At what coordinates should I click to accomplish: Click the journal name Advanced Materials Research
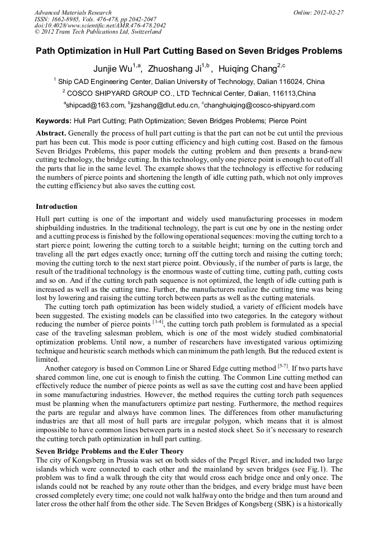73,12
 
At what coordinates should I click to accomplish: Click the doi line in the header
100,26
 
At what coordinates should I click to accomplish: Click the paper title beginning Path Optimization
189,51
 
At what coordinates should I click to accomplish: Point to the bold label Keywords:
53,121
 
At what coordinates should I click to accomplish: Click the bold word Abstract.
51,133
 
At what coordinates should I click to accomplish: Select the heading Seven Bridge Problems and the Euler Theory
110,451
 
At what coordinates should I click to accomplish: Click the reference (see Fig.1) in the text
318,468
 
